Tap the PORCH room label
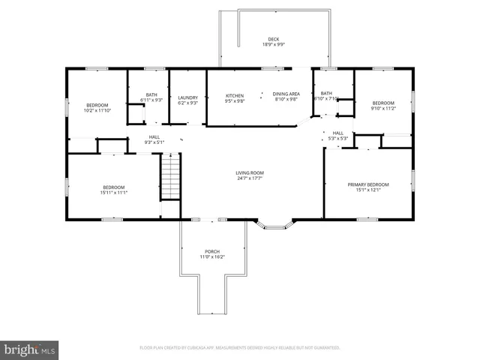click(212, 251)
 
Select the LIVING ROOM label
click(250, 172)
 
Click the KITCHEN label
click(235, 95)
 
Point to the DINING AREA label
click(286, 94)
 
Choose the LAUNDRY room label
click(187, 97)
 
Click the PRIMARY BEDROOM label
click(368, 184)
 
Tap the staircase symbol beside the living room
click(171, 175)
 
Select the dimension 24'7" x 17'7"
click(250, 178)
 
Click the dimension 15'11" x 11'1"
click(114, 193)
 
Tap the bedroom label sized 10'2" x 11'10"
click(97, 105)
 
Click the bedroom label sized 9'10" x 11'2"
click(382, 102)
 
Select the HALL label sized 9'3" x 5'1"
click(154, 136)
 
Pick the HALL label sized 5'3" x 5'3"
click(338, 133)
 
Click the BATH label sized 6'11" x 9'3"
click(151, 94)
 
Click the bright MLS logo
click(30, 349)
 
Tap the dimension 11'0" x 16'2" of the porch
click(212, 257)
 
